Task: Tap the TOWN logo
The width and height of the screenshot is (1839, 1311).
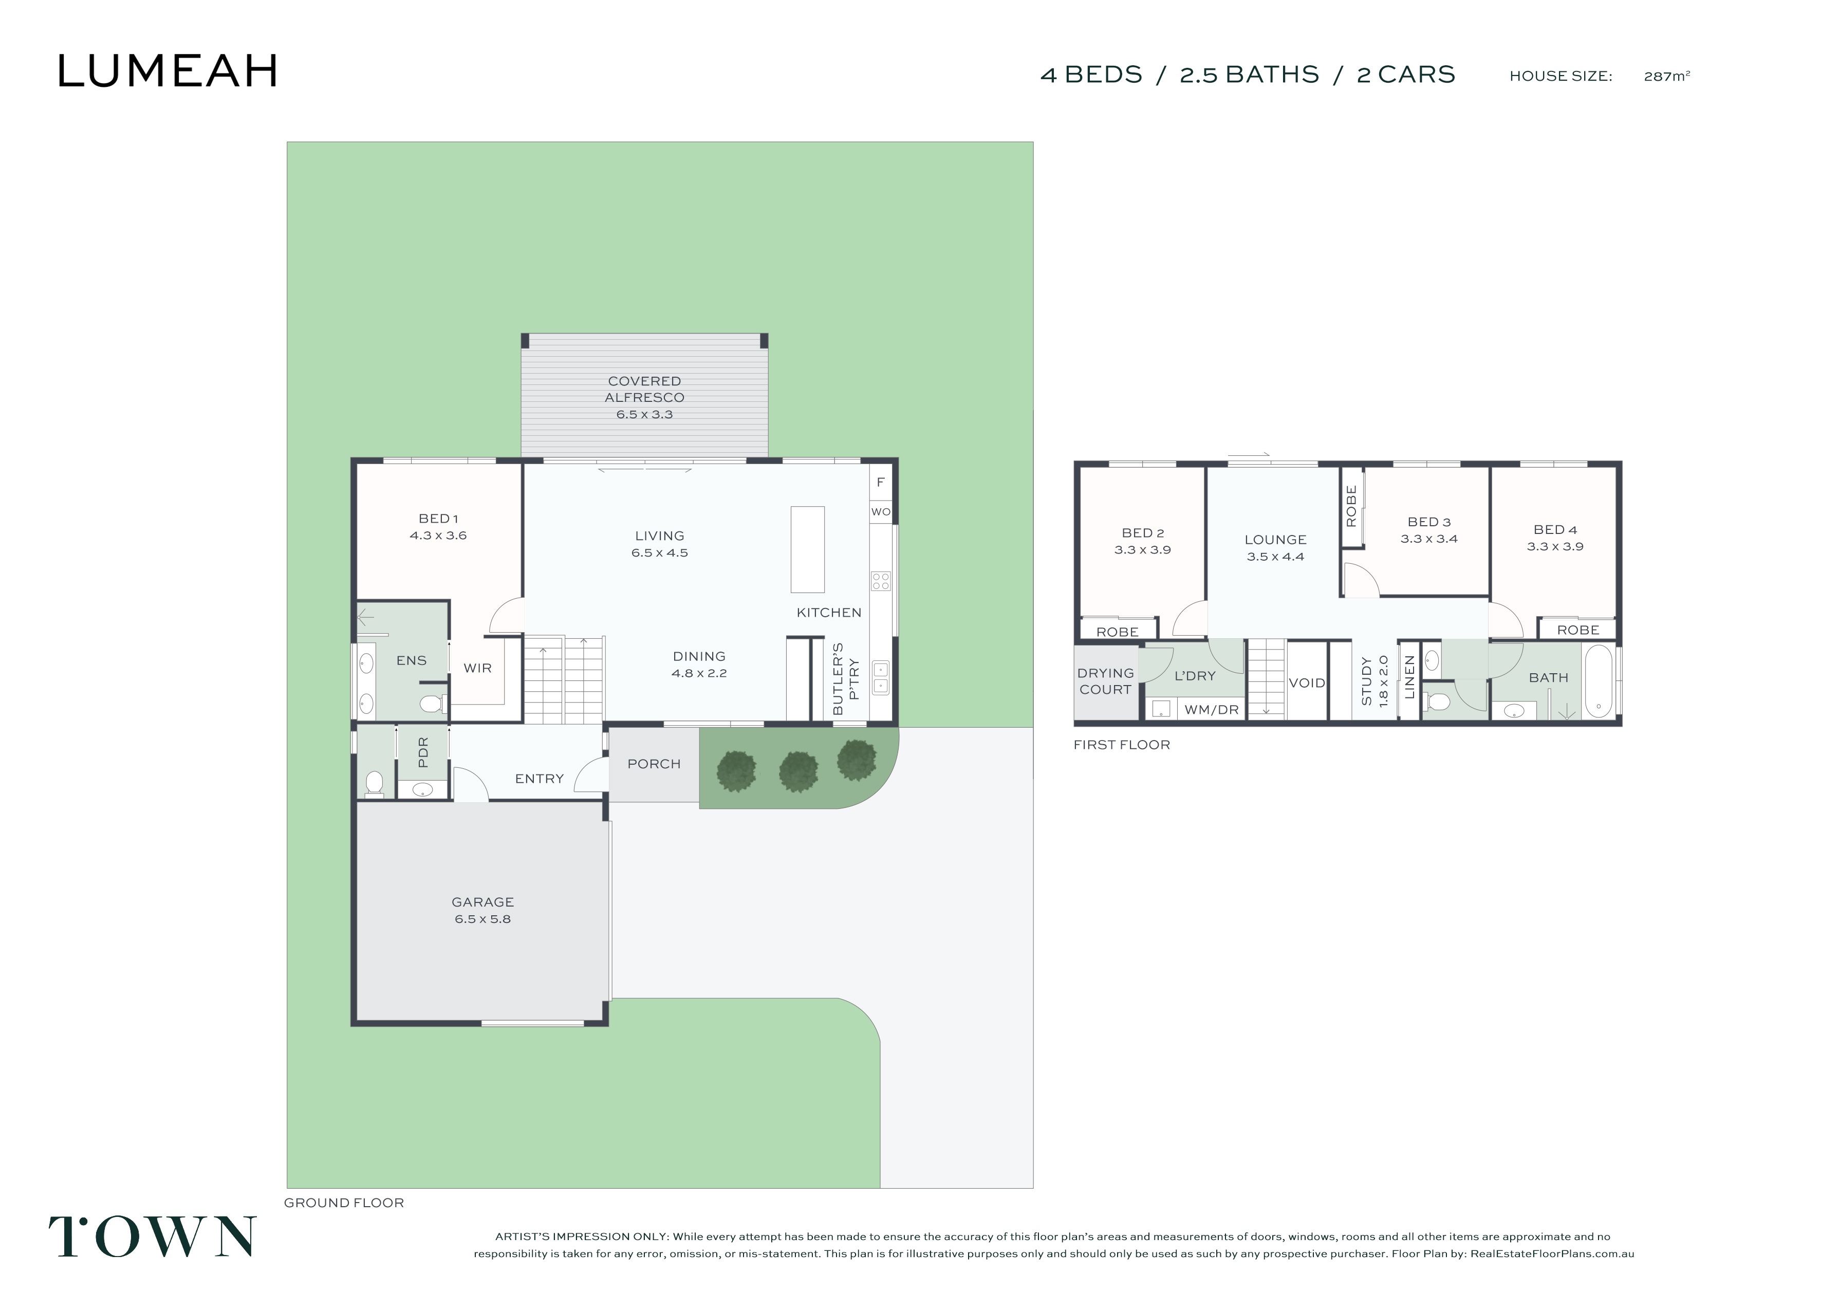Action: point(153,1236)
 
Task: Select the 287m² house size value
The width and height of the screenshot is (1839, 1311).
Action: point(1667,76)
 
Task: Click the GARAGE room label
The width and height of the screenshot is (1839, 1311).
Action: point(482,902)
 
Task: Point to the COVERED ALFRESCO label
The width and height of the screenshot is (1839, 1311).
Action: point(645,389)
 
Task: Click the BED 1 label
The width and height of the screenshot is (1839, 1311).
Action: point(438,518)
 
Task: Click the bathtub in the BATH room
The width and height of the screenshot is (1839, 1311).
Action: point(1599,680)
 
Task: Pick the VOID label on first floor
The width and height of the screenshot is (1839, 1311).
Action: point(1307,683)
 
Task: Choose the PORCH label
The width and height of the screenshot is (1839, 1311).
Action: point(655,764)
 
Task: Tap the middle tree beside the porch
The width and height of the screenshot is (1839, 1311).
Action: point(798,771)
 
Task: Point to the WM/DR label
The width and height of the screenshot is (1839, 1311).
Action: point(1211,710)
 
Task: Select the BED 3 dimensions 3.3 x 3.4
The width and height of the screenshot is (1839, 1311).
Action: point(1429,539)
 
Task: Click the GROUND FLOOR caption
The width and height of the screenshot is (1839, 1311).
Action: point(344,1203)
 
